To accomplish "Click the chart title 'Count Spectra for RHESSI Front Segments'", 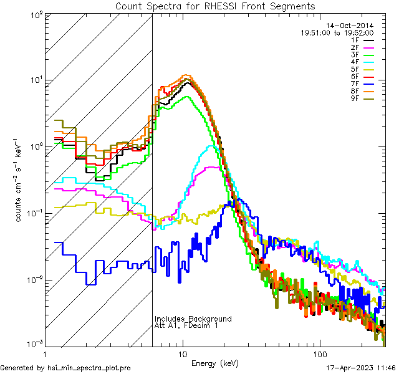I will [215, 6].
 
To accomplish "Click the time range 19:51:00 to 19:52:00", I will [337, 32].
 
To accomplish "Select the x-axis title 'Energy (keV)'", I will [214, 363].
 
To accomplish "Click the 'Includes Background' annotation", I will [193, 319].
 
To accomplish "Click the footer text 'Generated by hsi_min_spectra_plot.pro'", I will [65, 368].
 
